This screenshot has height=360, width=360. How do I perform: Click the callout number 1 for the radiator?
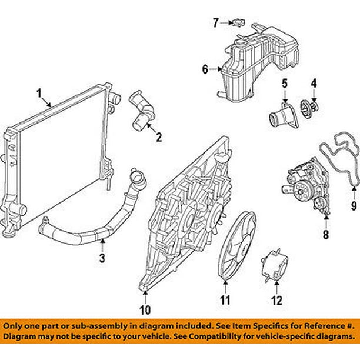click(x=39, y=93)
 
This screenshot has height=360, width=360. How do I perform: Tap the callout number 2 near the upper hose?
click(x=157, y=138)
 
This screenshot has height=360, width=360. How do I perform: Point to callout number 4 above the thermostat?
click(x=314, y=84)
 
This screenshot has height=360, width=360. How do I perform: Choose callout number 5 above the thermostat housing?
click(x=283, y=84)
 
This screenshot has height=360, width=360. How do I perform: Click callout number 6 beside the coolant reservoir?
click(x=205, y=70)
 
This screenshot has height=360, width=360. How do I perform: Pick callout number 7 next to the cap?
click(x=216, y=23)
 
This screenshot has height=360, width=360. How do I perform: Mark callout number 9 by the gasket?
click(x=354, y=205)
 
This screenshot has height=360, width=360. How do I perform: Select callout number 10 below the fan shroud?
click(x=145, y=309)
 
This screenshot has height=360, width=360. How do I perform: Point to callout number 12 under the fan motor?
click(x=276, y=301)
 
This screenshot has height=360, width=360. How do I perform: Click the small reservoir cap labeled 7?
click(x=238, y=23)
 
